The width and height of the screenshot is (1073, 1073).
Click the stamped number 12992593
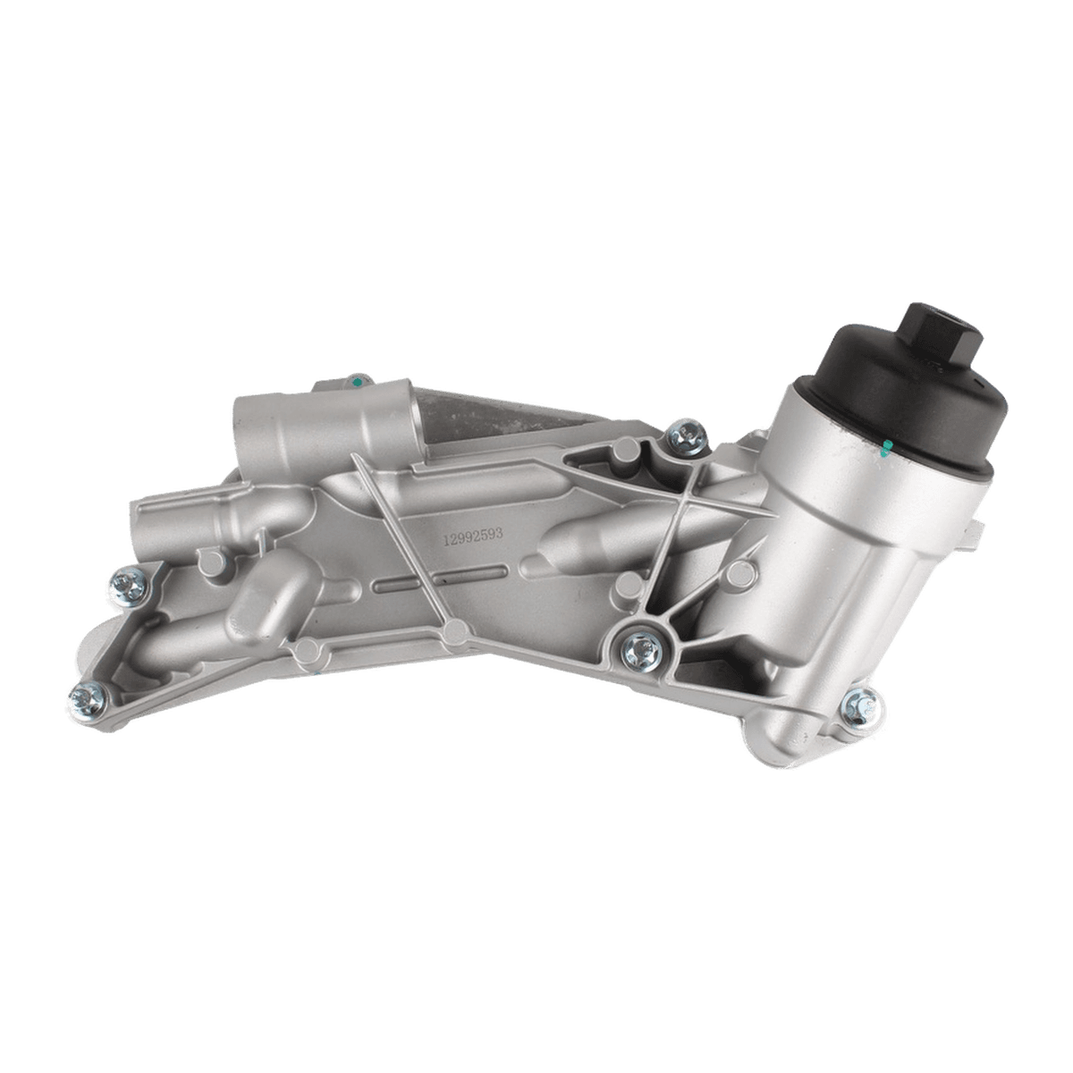473,536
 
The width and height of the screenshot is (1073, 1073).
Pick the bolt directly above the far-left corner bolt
129,586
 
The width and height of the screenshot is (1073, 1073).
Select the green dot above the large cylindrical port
358,382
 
